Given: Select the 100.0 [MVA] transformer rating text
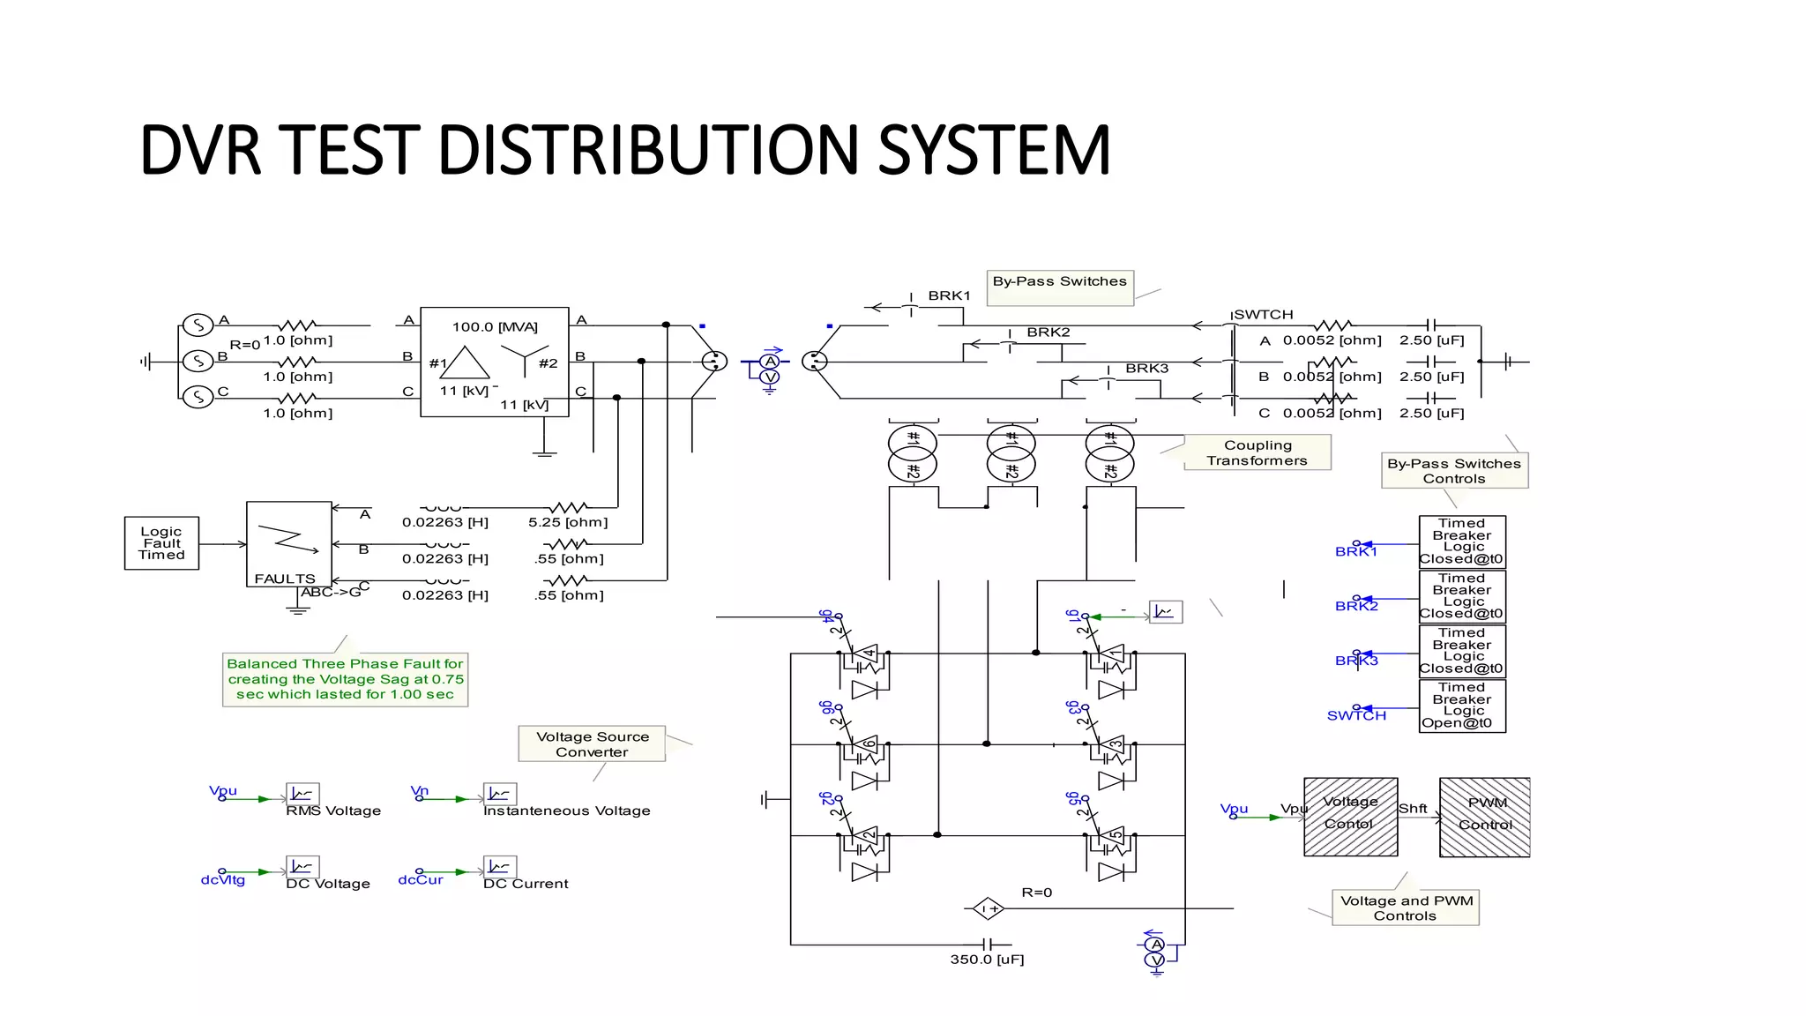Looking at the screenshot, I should [495, 327].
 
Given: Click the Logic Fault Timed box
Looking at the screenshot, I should [161, 543].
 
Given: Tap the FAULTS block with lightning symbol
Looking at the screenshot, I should [288, 543].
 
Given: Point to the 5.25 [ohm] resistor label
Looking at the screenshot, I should [568, 522].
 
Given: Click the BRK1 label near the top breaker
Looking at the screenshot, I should [949, 296].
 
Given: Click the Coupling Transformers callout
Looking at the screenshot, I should [1257, 452].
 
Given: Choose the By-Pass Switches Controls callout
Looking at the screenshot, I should [1454, 471].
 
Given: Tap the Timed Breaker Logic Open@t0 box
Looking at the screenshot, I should [1461, 706].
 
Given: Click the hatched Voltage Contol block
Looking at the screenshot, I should [1350, 817].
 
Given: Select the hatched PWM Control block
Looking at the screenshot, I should [1484, 817].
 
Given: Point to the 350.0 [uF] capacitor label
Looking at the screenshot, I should [987, 960].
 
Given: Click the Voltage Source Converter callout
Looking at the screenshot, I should [592, 743].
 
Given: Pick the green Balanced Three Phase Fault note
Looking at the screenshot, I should [345, 679].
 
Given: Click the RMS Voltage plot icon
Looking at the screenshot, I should [302, 794].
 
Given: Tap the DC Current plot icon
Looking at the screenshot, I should [499, 867].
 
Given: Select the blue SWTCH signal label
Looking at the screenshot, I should [1356, 716].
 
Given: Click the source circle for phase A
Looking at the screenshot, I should [198, 325].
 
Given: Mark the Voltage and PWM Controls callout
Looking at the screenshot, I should [1406, 908].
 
